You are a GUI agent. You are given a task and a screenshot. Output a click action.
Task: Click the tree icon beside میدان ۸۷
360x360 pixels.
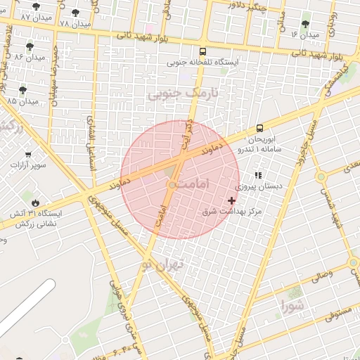[37, 6]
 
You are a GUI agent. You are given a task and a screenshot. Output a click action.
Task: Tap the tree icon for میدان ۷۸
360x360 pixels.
[76, 13]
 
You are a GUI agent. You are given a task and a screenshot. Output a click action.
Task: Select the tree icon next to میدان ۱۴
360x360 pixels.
[306, 23]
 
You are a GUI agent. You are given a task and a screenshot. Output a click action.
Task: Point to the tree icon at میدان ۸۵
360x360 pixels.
[22, 90]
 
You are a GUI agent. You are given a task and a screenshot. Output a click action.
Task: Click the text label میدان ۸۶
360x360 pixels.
[29, 56]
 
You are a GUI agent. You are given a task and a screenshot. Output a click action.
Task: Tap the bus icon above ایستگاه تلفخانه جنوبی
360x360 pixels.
[203, 51]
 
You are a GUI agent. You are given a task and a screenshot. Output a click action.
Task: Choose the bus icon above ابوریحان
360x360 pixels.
[260, 128]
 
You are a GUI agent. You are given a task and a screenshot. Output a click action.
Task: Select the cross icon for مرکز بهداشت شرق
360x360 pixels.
[232, 200]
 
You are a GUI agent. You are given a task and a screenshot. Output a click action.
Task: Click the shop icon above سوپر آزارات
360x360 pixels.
[28, 155]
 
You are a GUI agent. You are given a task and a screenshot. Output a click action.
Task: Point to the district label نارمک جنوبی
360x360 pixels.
[184, 93]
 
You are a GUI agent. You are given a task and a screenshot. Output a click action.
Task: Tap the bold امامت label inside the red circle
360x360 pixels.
[191, 183]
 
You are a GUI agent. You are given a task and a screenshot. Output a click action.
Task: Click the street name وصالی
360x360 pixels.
[320, 276]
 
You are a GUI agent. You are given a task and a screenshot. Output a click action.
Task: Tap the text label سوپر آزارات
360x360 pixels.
[28, 166]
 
